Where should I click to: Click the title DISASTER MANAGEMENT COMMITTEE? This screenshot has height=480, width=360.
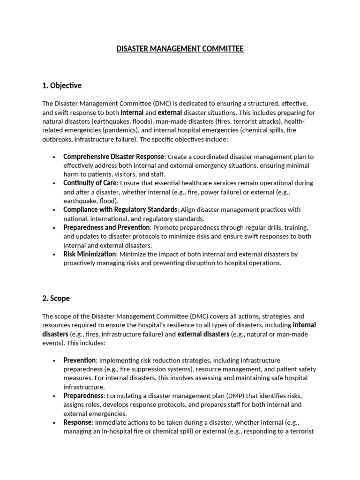click(180, 49)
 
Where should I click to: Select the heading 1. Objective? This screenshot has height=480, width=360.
click(62, 85)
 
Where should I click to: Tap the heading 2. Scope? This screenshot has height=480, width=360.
click(56, 298)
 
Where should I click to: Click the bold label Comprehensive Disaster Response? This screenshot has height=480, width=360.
click(114, 157)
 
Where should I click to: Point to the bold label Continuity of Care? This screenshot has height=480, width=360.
click(90, 183)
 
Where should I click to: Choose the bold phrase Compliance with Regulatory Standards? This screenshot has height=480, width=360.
click(120, 210)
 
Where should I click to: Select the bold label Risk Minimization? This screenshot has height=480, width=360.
click(90, 254)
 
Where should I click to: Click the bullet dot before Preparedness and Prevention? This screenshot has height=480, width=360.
click(55, 227)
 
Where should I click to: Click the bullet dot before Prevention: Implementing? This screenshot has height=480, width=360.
click(55, 360)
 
